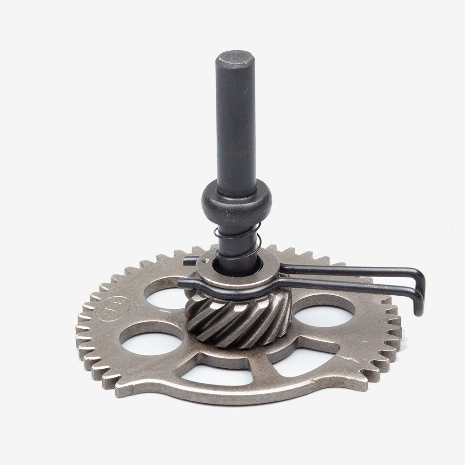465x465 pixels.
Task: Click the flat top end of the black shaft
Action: click(x=235, y=58)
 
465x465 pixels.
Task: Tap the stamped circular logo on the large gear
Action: click(x=112, y=310)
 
